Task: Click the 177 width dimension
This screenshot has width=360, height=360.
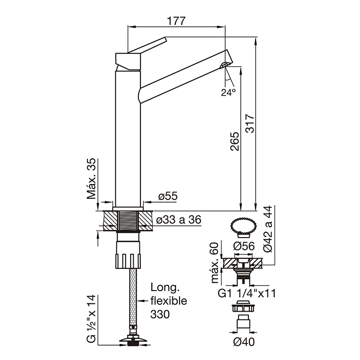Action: (176, 21)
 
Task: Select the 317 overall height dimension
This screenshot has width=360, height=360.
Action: (250, 123)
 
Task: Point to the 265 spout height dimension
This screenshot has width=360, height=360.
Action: (235, 141)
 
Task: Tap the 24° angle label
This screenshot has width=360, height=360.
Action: (228, 92)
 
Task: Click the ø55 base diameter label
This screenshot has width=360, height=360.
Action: (168, 196)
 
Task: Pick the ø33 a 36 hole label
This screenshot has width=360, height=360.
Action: (179, 220)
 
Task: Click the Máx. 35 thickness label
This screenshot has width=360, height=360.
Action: (91, 178)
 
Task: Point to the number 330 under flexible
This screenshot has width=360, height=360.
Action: (160, 314)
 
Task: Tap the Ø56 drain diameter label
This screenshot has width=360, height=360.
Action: (244, 246)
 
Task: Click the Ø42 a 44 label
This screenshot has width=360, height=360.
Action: (268, 229)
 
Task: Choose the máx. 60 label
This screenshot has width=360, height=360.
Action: (215, 263)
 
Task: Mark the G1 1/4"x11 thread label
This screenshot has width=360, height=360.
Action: (246, 293)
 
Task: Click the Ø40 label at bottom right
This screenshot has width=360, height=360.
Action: (244, 341)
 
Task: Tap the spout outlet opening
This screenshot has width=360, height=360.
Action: (225, 65)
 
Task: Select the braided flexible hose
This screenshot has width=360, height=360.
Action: (133, 297)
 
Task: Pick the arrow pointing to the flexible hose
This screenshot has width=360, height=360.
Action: (142, 301)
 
